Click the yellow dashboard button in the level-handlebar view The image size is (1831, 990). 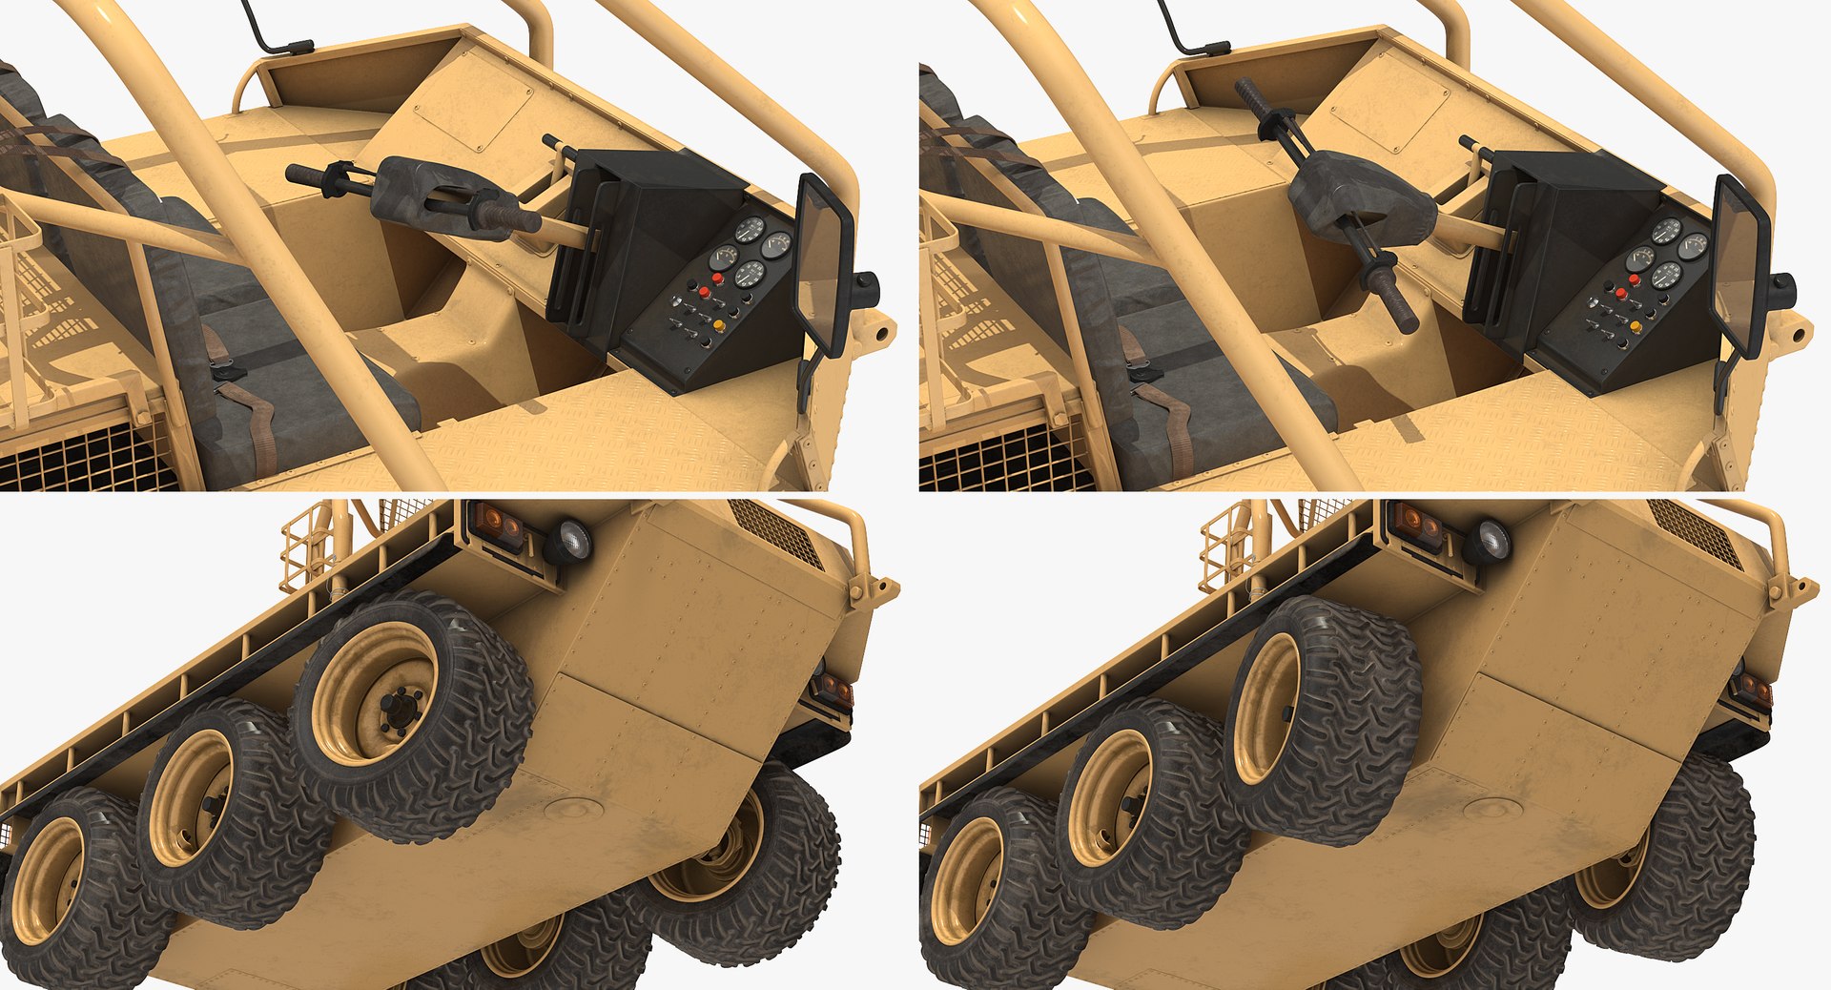click(718, 326)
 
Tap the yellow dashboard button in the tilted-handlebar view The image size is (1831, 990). click(1636, 327)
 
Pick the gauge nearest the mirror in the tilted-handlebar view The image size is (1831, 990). click(1694, 246)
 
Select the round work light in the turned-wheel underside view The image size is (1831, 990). click(1487, 542)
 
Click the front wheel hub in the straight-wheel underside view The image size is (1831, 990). click(393, 706)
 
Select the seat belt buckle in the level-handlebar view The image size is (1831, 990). click(227, 372)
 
